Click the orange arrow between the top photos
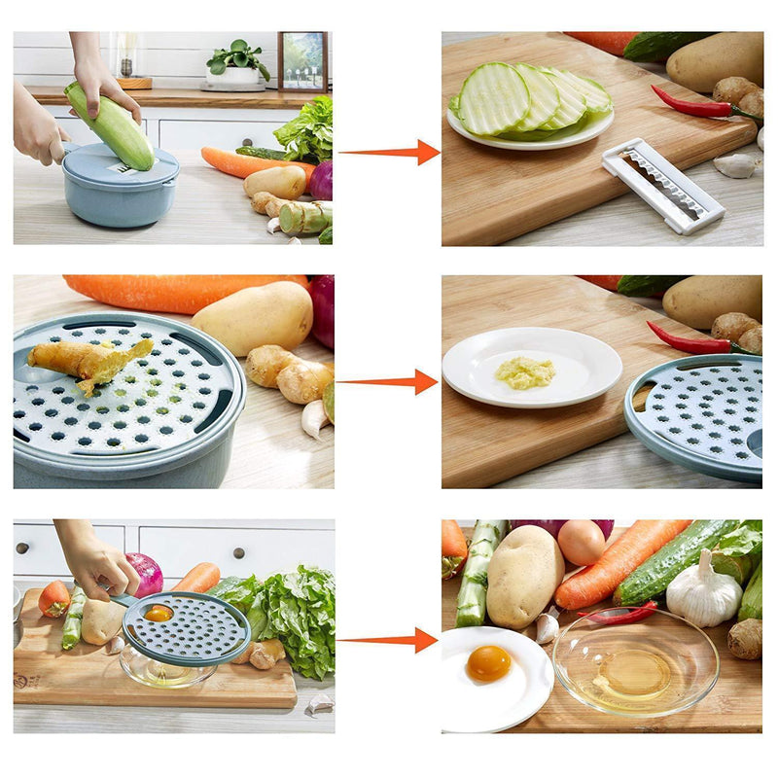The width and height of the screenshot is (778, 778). [389, 152]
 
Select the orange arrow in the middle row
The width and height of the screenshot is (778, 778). [389, 382]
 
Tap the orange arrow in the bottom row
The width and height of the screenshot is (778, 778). [389, 640]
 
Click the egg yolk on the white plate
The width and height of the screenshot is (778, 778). [488, 663]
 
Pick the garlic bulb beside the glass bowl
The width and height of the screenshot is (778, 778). [703, 590]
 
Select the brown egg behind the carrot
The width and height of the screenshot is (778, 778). [582, 542]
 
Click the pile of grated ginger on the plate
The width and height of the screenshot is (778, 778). [525, 371]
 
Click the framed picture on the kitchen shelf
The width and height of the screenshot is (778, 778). [302, 61]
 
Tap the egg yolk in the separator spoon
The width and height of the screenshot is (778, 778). [159, 613]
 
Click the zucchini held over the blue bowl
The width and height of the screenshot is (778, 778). [109, 125]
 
